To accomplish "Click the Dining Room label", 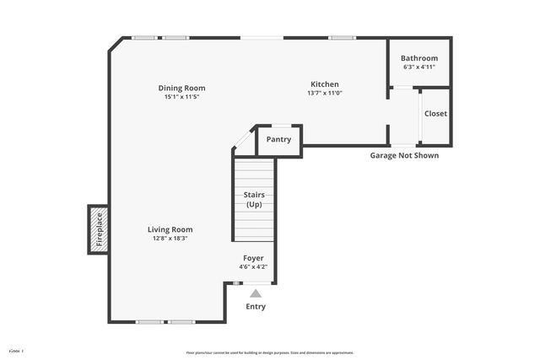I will click(181, 88).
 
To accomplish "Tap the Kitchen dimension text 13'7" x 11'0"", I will click(324, 93).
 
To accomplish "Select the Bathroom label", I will click(419, 58).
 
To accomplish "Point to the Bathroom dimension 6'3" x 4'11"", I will click(419, 67).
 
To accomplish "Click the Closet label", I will click(435, 114).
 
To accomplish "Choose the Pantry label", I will click(278, 140).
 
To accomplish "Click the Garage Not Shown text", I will click(404, 155).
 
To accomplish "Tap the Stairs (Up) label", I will click(254, 200).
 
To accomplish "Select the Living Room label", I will click(170, 229).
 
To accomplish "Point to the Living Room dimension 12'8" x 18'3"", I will click(170, 239).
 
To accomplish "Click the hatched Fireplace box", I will click(98, 229).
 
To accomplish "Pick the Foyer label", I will click(253, 258).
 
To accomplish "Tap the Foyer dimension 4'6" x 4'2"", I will click(253, 267).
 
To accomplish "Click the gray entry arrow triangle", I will click(255, 293).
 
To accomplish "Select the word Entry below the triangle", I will click(255, 307).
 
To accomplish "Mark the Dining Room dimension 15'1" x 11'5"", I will click(181, 97).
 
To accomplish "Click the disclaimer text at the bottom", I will click(270, 352).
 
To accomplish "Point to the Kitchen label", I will click(325, 84).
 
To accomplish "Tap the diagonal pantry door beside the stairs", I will click(244, 139).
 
